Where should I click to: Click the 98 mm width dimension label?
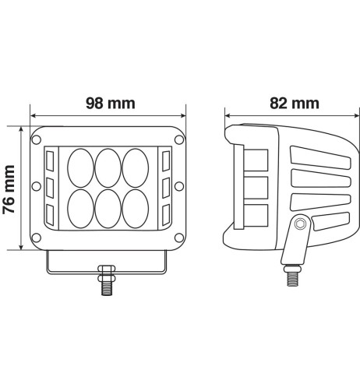tap(108, 103)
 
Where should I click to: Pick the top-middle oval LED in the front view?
tap(108, 167)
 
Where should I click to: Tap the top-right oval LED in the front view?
tap(136, 167)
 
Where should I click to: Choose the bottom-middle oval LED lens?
tap(108, 210)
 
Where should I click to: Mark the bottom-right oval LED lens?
tap(136, 210)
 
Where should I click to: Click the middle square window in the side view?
tap(256, 187)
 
